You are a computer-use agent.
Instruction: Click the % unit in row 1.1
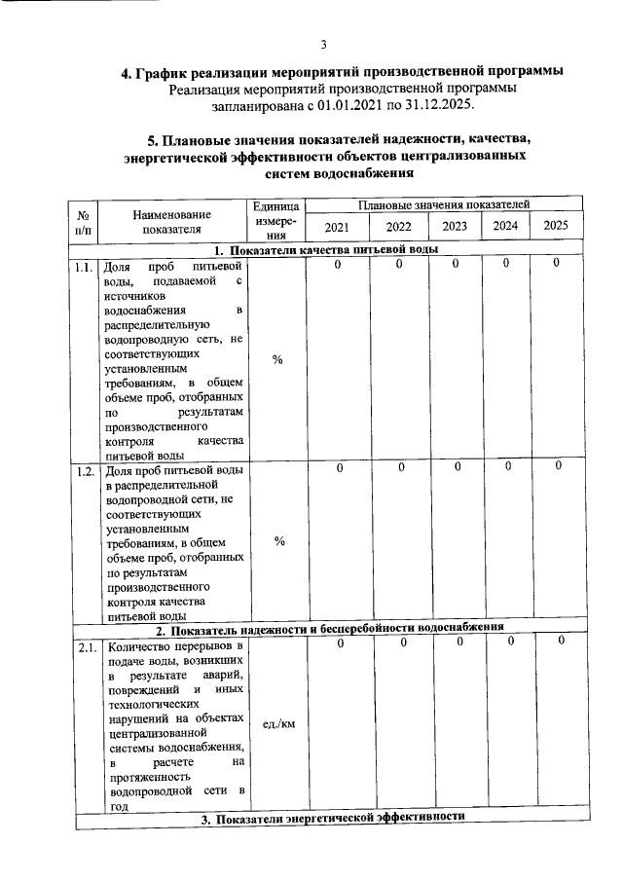click(x=277, y=361)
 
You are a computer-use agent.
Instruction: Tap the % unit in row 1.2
click(x=277, y=542)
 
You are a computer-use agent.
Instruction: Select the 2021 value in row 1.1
click(x=337, y=265)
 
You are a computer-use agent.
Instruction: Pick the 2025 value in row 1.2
click(x=558, y=468)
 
